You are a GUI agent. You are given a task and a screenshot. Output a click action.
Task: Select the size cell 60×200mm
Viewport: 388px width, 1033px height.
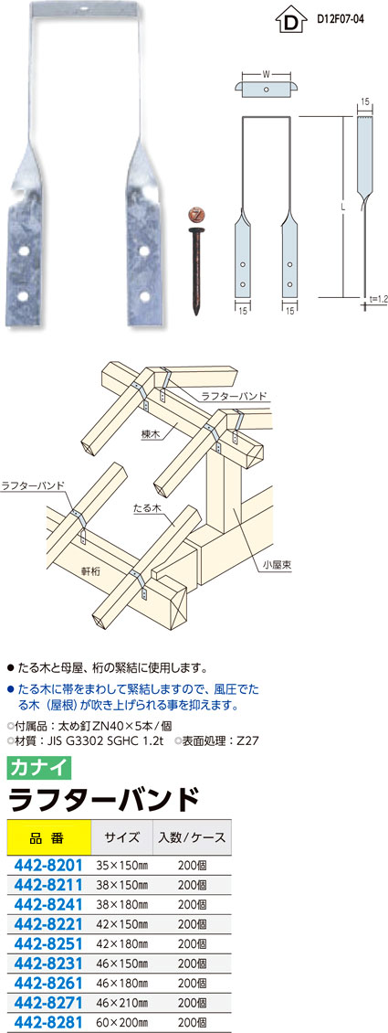tap(122, 1024)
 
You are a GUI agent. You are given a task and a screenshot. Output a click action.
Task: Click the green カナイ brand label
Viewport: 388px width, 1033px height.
tap(38, 768)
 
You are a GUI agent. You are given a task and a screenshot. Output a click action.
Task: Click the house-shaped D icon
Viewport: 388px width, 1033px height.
tap(289, 21)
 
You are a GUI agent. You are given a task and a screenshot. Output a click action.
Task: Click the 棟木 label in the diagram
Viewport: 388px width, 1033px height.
tap(148, 435)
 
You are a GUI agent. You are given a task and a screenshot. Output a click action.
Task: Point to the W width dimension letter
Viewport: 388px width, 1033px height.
tap(266, 73)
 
